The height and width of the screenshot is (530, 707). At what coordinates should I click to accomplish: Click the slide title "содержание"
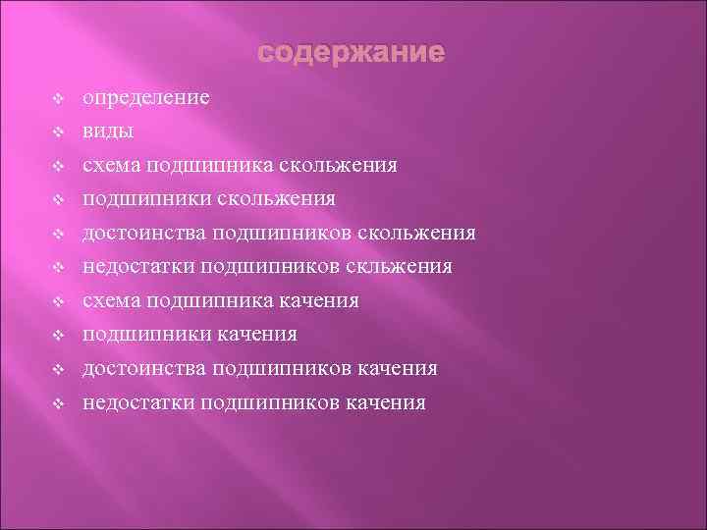[351, 50]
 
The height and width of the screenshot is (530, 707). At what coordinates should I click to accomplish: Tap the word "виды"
[109, 132]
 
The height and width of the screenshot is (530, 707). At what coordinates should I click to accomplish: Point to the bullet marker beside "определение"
[58, 98]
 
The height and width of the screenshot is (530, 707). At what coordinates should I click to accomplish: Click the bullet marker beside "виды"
[58, 132]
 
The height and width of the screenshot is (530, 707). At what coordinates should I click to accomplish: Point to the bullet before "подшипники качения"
[58, 335]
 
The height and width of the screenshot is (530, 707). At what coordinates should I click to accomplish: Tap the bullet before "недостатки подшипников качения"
[58, 402]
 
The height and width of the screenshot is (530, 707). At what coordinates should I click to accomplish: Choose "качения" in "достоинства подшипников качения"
[397, 369]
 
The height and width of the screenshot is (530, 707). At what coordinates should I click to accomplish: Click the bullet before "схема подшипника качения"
[58, 301]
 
